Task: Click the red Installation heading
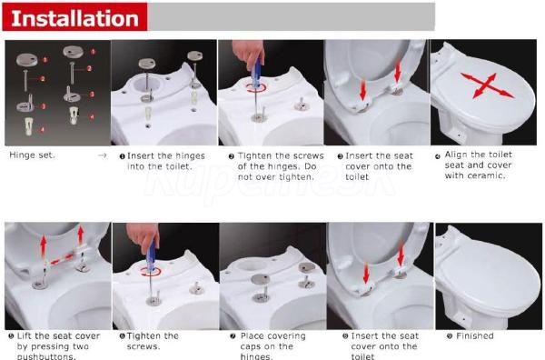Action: (74, 18)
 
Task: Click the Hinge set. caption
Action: (32, 155)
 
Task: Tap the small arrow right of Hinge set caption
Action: (102, 155)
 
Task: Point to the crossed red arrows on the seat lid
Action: (487, 85)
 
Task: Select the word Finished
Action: (475, 335)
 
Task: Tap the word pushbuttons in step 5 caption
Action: (46, 356)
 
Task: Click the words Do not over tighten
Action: (277, 172)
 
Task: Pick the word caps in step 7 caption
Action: (252, 346)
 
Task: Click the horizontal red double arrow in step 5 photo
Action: (61, 260)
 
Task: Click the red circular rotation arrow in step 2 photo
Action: (256, 87)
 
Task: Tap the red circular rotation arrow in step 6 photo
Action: (151, 272)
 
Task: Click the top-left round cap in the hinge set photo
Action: (26, 60)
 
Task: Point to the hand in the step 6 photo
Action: (143, 235)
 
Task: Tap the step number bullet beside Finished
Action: (450, 336)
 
